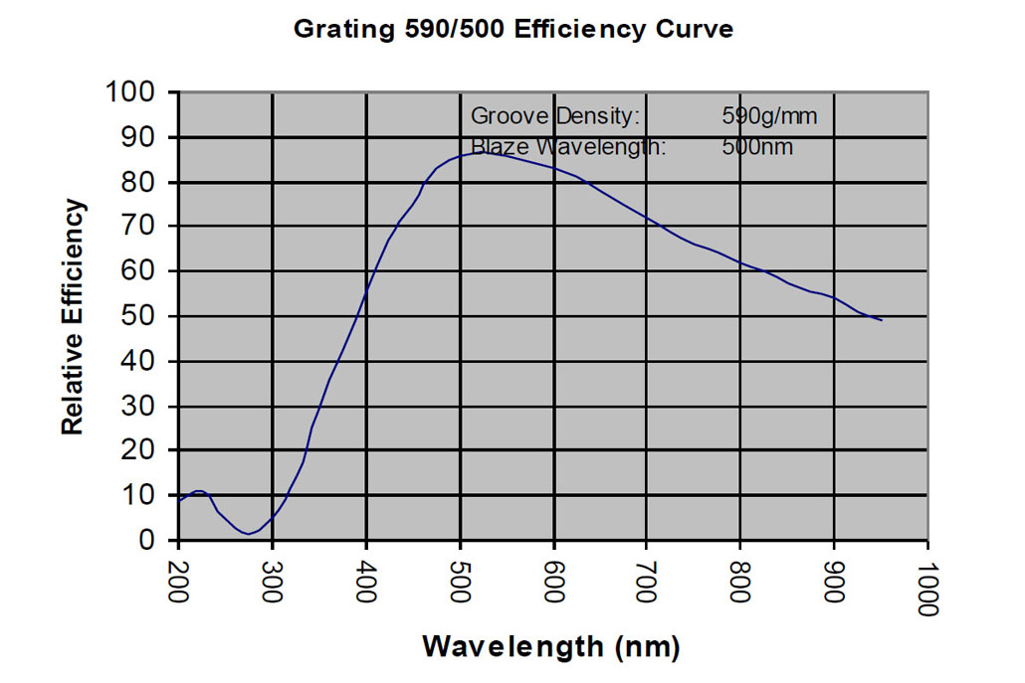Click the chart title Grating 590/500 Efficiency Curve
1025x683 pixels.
[x=512, y=30]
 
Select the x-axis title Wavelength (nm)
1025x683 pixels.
[x=550, y=647]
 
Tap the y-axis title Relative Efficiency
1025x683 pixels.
[x=74, y=316]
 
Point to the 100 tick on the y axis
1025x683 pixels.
[x=134, y=92]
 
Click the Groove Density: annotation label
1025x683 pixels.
[x=554, y=116]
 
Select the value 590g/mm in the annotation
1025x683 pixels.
[x=768, y=116]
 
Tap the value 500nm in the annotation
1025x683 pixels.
[x=757, y=147]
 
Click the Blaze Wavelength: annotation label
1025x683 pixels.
[x=567, y=147]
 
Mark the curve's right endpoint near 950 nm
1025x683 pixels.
[x=881, y=320]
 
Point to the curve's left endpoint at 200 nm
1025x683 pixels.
[x=179, y=500]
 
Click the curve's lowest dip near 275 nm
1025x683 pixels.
[x=248, y=534]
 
